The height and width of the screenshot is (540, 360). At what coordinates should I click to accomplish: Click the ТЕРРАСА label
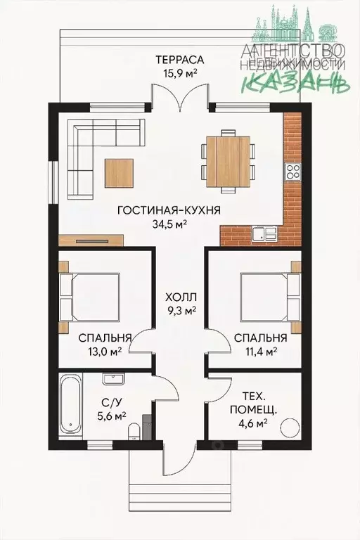pos(180,60)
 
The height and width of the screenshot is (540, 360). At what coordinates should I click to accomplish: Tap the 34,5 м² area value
pos(169,224)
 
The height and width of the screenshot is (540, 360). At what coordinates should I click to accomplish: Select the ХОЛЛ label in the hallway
pos(181,297)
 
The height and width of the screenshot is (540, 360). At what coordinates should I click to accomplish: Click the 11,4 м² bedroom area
pos(261,352)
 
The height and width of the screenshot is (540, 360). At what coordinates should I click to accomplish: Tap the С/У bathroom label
pos(112,401)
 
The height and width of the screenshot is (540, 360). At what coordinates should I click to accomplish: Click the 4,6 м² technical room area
pos(253,423)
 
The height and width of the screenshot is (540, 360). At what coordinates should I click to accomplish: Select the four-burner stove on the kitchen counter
pos(292,172)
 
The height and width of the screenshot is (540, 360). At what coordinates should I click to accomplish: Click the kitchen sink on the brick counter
pos(264,234)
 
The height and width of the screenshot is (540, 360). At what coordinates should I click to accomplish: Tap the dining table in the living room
pos(228,161)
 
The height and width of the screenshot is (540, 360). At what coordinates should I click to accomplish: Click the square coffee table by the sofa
pos(119,173)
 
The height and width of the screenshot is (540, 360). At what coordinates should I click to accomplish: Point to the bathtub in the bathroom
pos(70,406)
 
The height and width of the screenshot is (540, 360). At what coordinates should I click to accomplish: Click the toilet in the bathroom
pos(133,432)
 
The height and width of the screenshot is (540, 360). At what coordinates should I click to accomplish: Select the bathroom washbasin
pos(113,379)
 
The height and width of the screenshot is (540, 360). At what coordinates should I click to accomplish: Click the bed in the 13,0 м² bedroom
pos(90,297)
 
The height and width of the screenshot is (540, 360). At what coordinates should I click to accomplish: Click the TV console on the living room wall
pos(91,240)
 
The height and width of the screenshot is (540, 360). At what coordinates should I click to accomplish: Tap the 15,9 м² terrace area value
pos(180,73)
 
